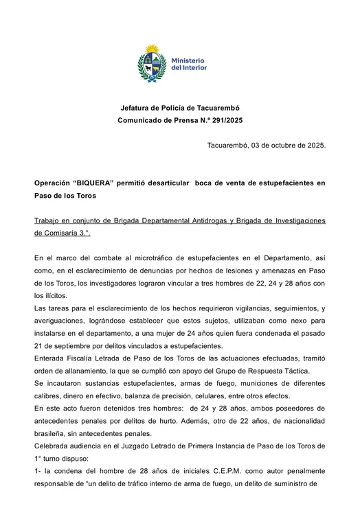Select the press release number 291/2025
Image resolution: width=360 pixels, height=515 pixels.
pyautogui.click(x=225, y=120)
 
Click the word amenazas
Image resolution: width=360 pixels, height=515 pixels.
pyautogui.click(x=273, y=271)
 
